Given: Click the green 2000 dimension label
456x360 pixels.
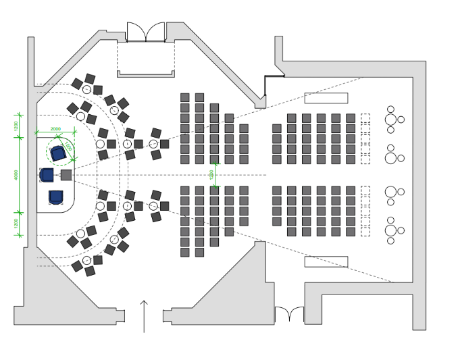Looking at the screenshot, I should point(55,129).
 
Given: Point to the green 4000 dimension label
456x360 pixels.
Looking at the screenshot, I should point(16,174).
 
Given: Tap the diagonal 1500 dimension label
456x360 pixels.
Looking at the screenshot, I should point(68,147).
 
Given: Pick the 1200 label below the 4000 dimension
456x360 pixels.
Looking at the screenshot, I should point(16,224).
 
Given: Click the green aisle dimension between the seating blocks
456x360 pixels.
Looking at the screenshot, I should point(213,174).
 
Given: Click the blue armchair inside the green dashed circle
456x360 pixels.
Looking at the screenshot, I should point(58,153).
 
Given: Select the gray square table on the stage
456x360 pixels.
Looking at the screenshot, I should point(66,175).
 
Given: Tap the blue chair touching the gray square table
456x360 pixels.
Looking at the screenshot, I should point(47,176).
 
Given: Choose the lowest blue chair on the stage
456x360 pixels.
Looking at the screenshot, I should point(56,197).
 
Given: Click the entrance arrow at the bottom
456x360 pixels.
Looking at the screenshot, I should point(144,316).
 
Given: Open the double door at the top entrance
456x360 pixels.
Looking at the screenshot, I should point(146,32).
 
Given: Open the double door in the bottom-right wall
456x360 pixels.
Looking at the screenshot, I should point(289,315).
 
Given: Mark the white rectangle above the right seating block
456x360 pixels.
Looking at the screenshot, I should point(326,98).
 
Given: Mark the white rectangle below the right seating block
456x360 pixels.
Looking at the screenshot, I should point(326,261).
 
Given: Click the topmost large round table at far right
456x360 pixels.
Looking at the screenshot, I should point(390,120).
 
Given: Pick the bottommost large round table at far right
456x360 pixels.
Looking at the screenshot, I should point(390,230).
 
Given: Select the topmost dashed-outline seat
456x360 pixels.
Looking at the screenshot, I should point(365,118).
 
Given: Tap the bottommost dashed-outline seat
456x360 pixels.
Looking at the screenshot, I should point(365,232).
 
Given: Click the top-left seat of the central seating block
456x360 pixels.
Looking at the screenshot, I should point(185,97).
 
